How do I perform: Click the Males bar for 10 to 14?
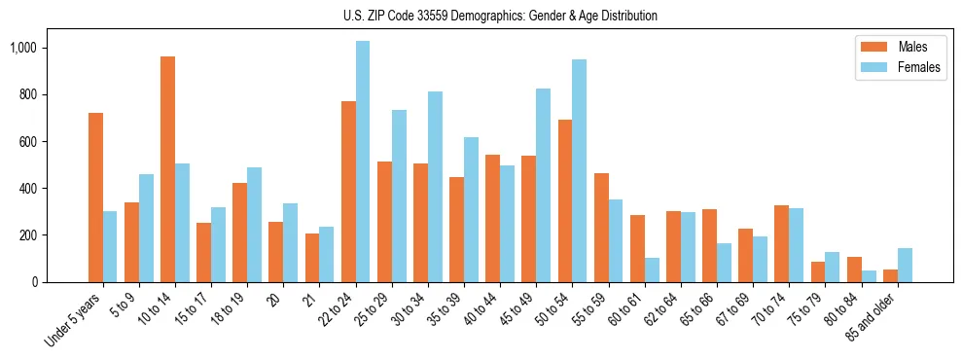coord(167,169)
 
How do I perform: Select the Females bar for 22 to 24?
coord(363,162)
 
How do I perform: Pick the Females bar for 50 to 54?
coord(579,171)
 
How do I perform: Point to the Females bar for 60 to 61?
coord(651,270)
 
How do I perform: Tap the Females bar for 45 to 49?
coord(543,185)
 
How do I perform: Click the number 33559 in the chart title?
coord(422,16)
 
